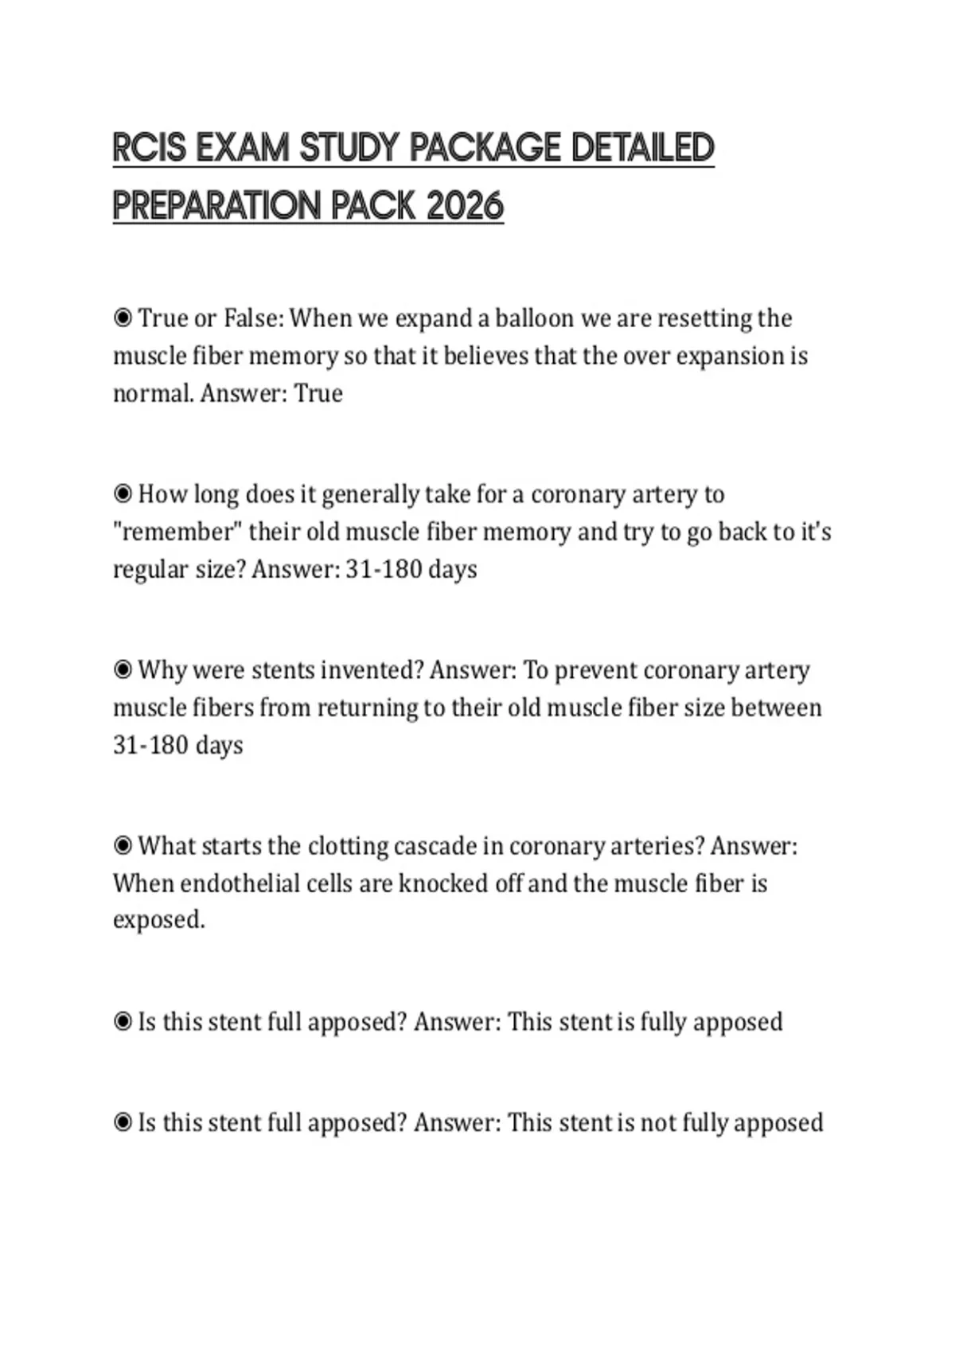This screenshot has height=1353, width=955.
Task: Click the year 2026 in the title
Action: click(x=465, y=206)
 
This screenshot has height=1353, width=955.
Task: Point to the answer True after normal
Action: click(x=318, y=393)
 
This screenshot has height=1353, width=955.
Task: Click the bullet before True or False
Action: click(x=123, y=318)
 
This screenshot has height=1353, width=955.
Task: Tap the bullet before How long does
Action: click(x=123, y=494)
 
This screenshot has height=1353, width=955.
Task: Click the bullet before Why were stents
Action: click(x=123, y=670)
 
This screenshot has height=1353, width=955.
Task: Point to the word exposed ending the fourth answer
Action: click(x=158, y=920)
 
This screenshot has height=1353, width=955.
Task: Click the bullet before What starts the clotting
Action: click(x=123, y=845)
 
